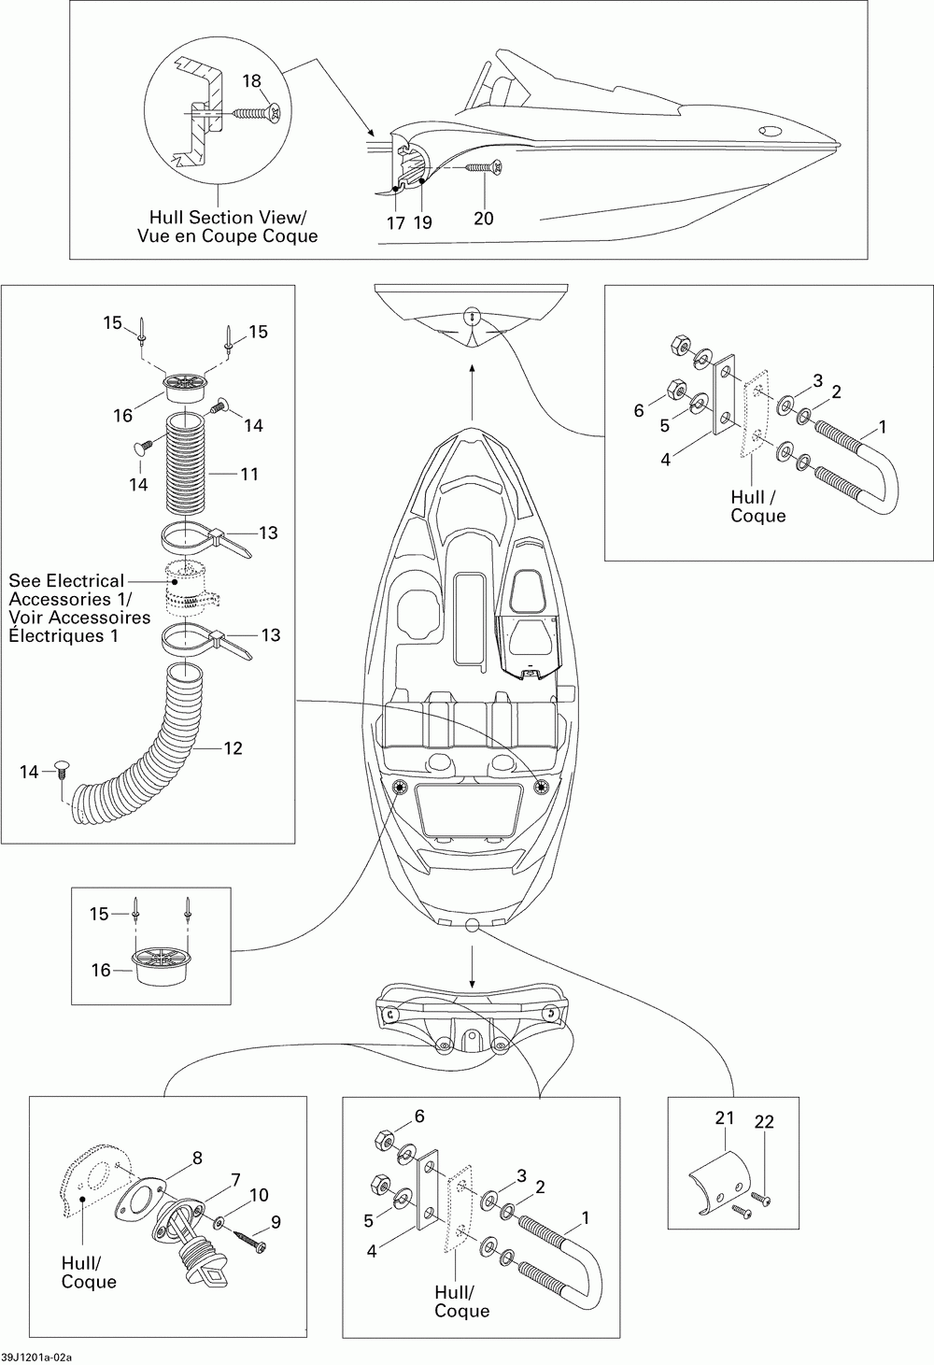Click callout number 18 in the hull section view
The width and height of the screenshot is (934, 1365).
tap(251, 81)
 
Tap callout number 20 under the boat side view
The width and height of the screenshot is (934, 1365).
tap(483, 218)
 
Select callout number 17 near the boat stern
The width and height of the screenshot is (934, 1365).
tap(396, 223)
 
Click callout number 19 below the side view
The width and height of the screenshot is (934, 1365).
tap(423, 223)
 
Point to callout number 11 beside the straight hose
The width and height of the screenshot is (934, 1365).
tap(249, 474)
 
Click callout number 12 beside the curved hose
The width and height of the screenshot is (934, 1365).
tap(233, 748)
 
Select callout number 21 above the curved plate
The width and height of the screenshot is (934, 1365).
tap(725, 1118)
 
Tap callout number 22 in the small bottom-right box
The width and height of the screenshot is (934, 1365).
tap(764, 1122)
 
